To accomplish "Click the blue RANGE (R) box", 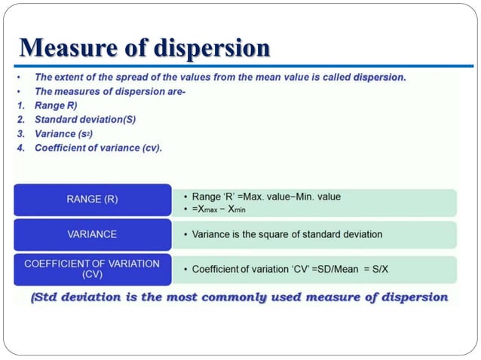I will tap(92, 200).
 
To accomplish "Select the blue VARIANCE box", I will tap(92, 234).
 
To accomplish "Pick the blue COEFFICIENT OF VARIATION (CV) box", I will tap(92, 269).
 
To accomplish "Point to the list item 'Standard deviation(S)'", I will tap(85, 120).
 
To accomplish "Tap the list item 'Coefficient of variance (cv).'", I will tap(98, 148).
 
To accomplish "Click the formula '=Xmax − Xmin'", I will tap(219, 208).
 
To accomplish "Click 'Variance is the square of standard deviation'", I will tap(287, 234).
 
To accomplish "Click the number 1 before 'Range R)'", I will tap(20, 105).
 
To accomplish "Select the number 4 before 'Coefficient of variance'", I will tap(20, 148).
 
